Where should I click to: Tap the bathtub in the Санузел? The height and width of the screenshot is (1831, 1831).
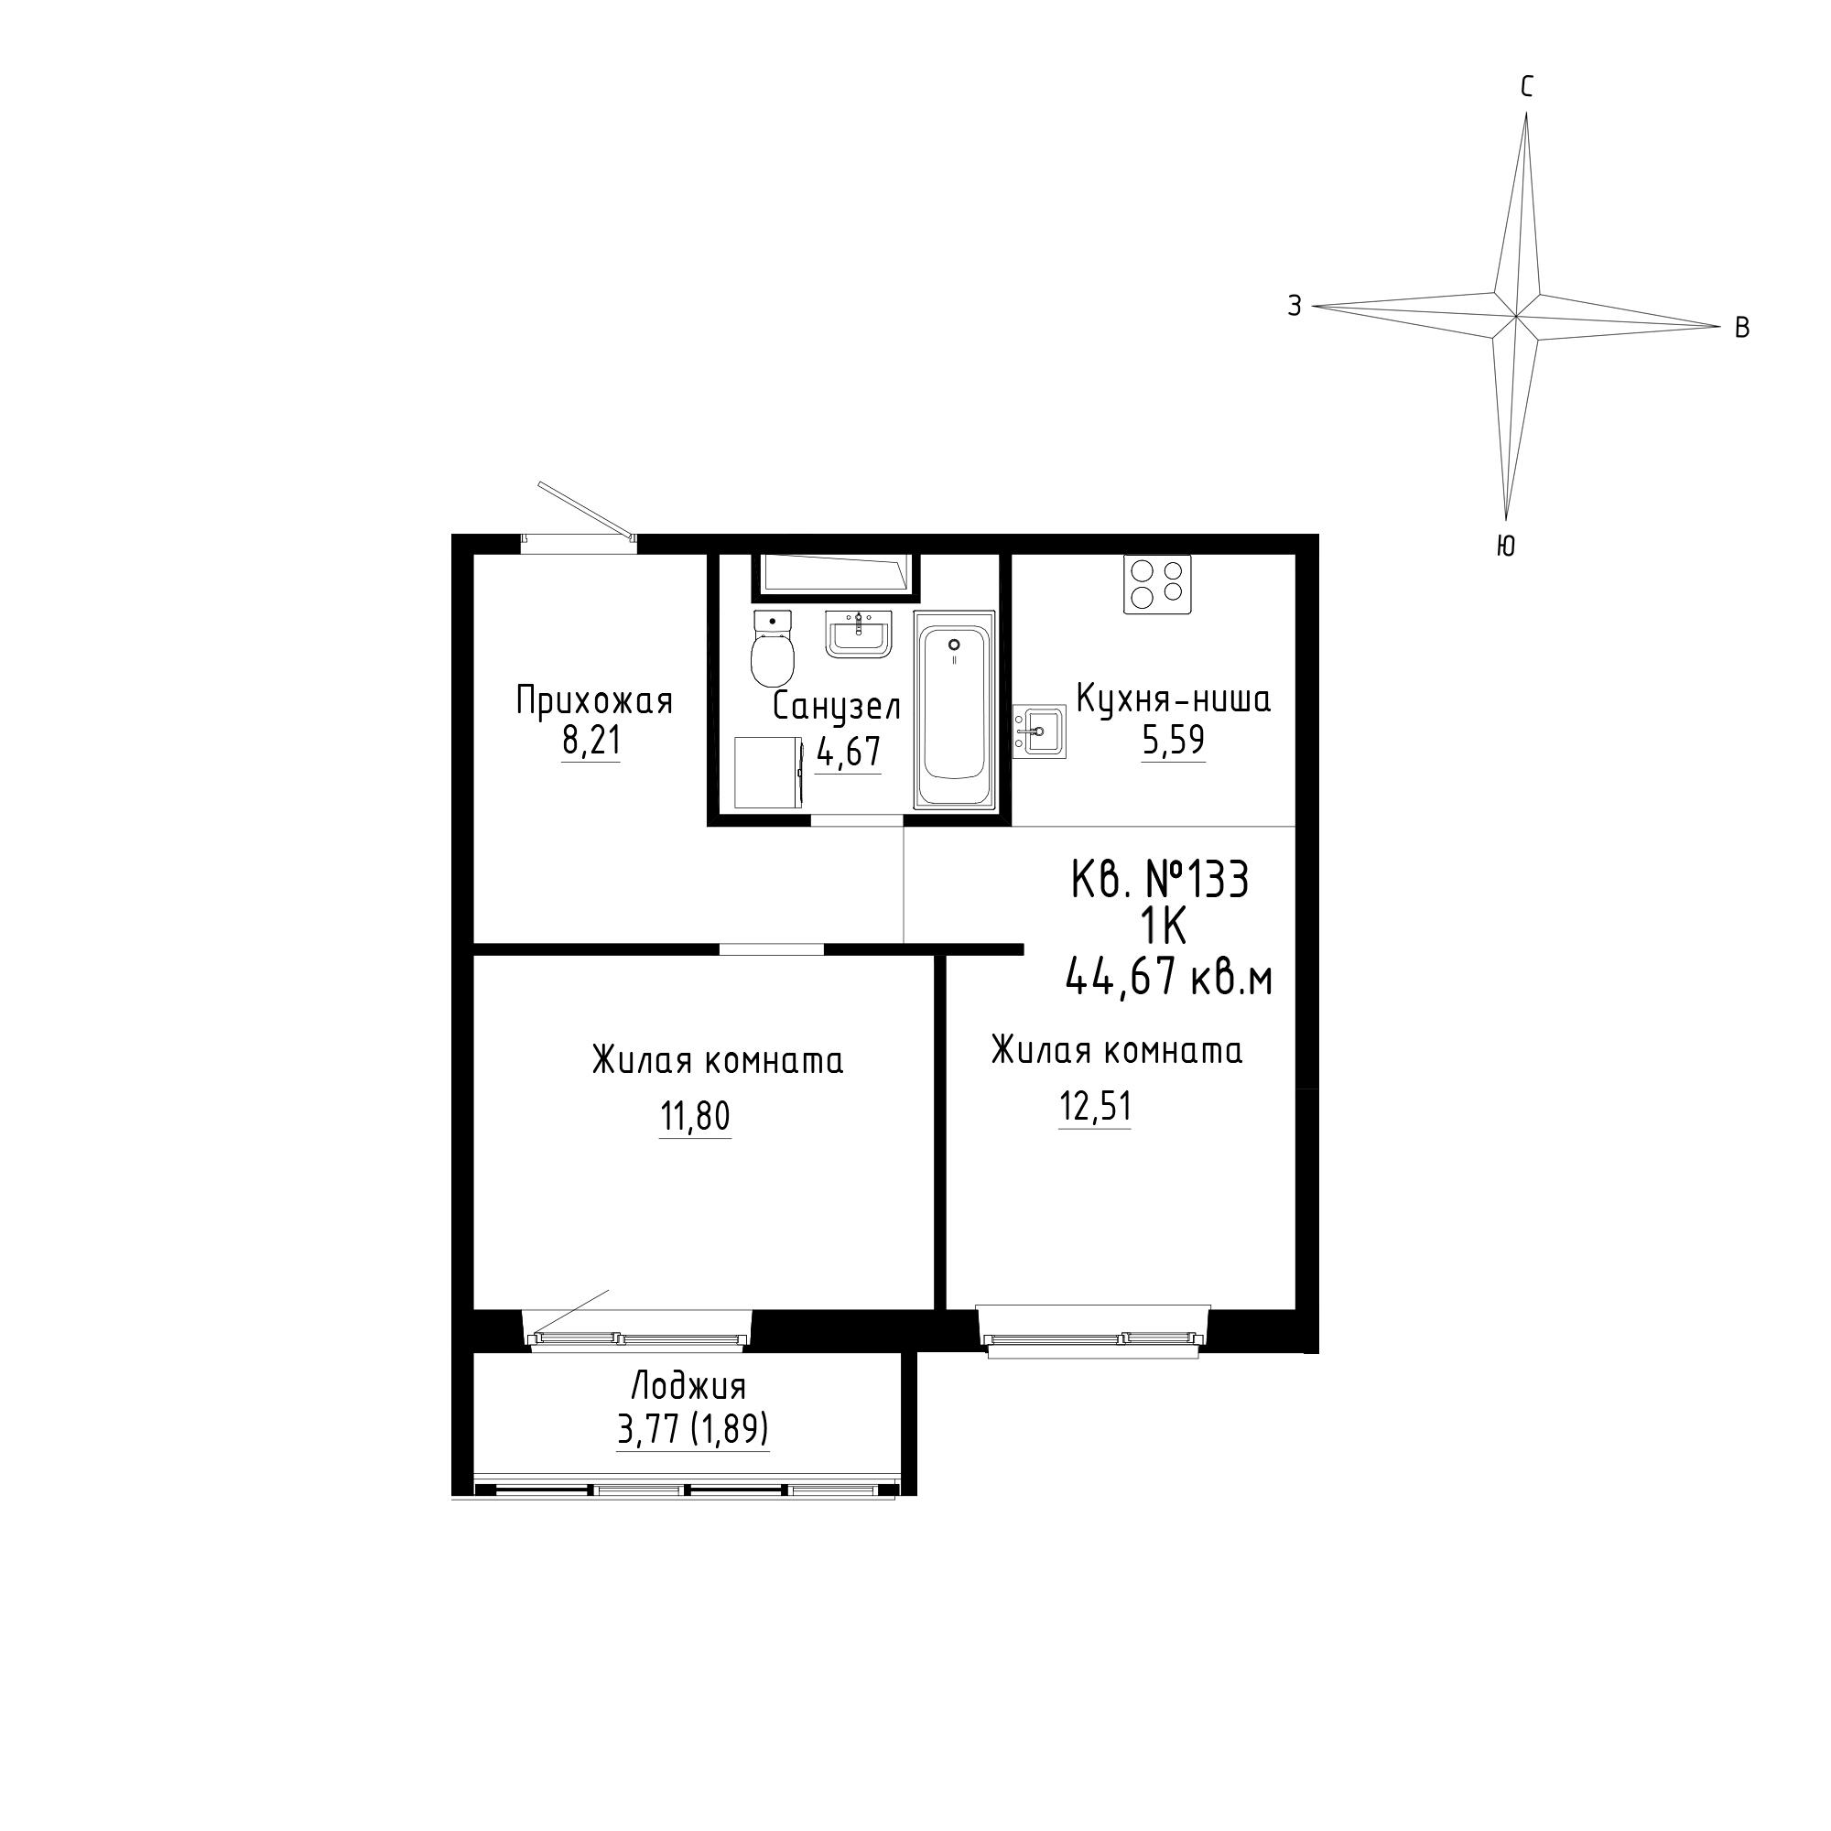click(x=954, y=710)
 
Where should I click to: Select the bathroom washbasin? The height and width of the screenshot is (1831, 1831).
click(x=859, y=634)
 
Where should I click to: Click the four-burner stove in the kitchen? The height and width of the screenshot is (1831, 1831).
click(x=1157, y=583)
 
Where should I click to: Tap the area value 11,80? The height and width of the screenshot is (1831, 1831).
click(x=696, y=1117)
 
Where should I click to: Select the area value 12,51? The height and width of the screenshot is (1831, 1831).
click(x=1095, y=1107)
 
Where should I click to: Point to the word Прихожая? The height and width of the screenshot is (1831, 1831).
click(x=594, y=702)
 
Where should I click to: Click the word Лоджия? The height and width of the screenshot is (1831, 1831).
click(x=689, y=1386)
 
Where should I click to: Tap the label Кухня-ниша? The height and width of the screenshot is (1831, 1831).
click(x=1174, y=700)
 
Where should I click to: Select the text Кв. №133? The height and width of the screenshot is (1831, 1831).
click(x=1160, y=881)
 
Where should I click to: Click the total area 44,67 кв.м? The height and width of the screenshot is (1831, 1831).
click(x=1168, y=975)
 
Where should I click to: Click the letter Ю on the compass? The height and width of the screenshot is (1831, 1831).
click(x=1506, y=546)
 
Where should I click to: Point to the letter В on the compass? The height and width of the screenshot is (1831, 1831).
click(x=1742, y=328)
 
